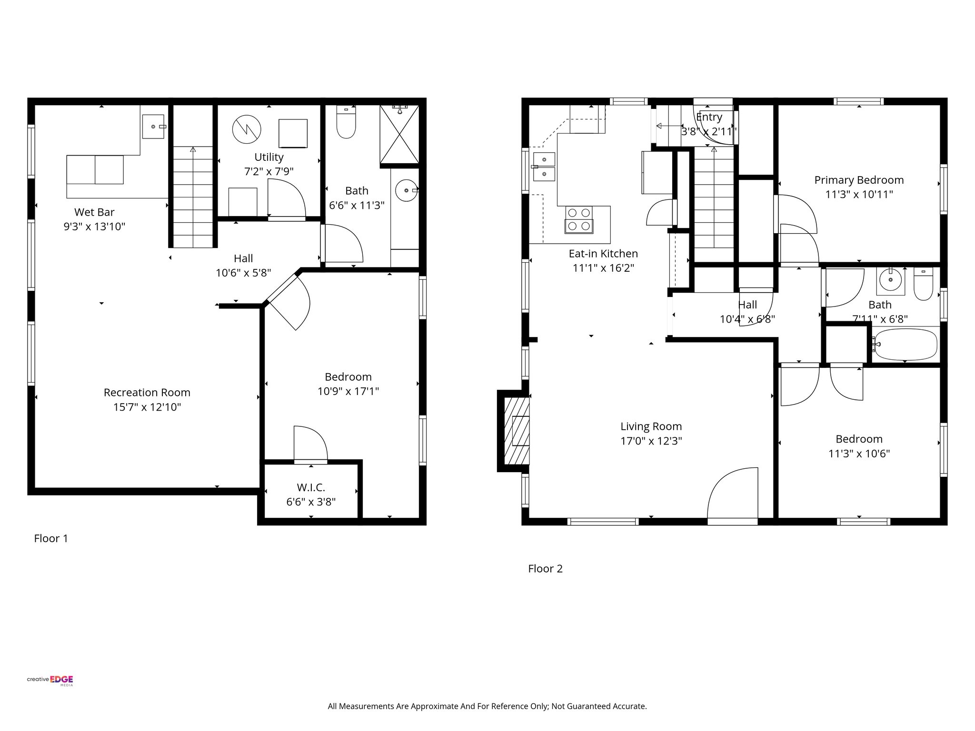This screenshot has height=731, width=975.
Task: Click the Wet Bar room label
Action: click(x=94, y=212)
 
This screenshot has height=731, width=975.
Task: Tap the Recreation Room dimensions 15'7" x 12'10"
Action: click(x=147, y=407)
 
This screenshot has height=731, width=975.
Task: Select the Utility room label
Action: click(x=269, y=157)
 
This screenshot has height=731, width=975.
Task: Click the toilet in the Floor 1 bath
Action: click(x=346, y=122)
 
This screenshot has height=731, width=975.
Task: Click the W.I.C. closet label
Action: click(x=311, y=487)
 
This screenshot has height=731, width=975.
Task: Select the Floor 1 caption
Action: click(x=51, y=538)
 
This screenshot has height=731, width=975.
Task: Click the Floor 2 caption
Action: click(x=545, y=569)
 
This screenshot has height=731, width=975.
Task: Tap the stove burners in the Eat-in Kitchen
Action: click(x=579, y=220)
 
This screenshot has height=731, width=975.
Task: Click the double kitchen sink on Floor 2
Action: click(x=544, y=167)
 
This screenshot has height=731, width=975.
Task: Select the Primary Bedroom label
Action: click(x=859, y=180)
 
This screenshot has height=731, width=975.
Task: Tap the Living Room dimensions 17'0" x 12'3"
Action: click(x=651, y=441)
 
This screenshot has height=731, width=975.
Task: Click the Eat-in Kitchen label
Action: click(x=603, y=254)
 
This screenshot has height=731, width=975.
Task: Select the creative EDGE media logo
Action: click(x=50, y=681)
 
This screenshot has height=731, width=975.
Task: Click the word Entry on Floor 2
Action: click(x=709, y=117)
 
